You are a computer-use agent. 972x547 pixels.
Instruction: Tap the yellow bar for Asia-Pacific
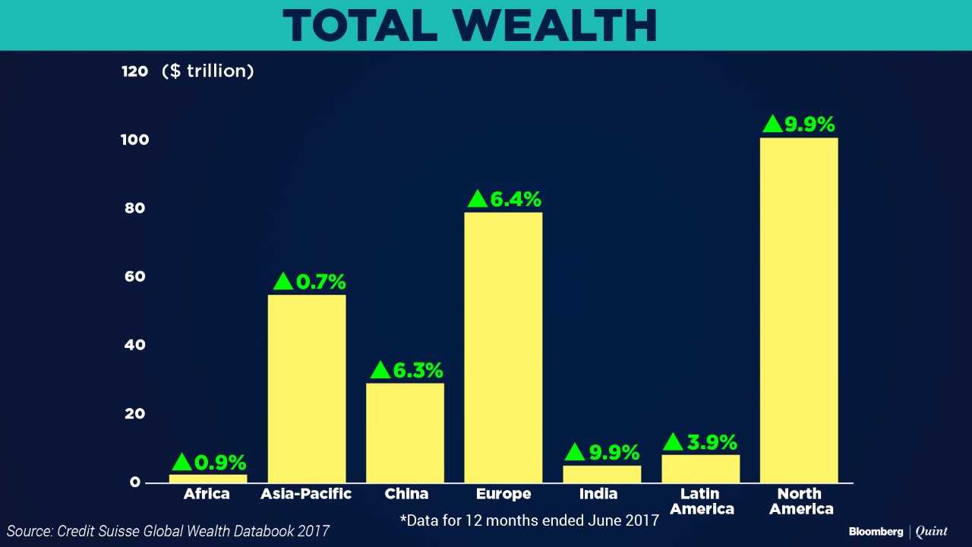[307, 388]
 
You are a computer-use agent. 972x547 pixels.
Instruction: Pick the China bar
[405, 432]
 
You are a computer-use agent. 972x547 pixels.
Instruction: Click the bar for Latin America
[700, 469]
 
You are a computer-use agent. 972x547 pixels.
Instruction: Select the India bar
[601, 474]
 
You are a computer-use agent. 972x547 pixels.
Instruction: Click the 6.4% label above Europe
[516, 199]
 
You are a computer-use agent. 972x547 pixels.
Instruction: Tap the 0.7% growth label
[320, 282]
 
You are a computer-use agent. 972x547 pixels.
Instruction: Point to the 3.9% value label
[712, 442]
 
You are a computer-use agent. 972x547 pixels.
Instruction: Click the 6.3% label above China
[418, 371]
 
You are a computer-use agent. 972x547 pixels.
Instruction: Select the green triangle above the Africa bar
[182, 462]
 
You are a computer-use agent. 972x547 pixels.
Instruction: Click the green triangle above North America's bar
[772, 124]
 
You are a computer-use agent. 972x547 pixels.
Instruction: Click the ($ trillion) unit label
[207, 71]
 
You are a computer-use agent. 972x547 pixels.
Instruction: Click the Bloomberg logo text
[876, 532]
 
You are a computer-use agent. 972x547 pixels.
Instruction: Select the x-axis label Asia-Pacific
[306, 494]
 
